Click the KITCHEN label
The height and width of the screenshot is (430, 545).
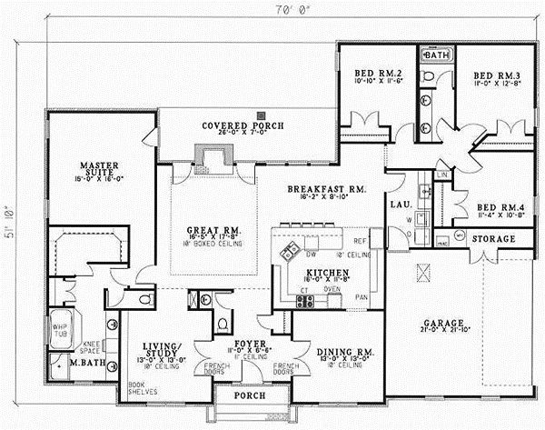coord(323,272)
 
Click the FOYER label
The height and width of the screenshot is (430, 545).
coord(248,345)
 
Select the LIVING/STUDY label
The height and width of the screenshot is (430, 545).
coord(164,349)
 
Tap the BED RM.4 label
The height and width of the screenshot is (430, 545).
coord(491,207)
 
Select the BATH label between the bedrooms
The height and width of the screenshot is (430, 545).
coord(438,55)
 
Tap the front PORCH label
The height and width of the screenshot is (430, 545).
coord(248,396)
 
